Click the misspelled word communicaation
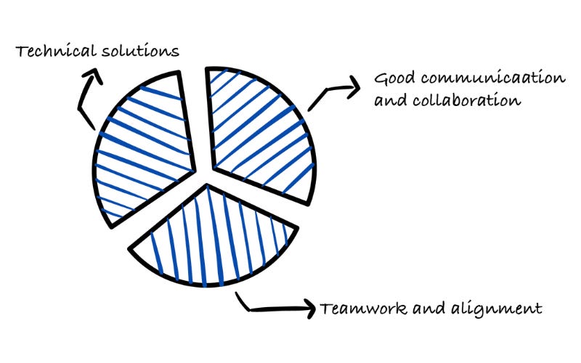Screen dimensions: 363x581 [x=478, y=78]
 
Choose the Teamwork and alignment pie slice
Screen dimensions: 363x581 [x=214, y=236]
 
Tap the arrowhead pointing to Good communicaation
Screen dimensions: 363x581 [x=354, y=90]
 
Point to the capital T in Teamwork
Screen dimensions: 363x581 [x=324, y=308]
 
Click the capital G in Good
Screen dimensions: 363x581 [x=380, y=78]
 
